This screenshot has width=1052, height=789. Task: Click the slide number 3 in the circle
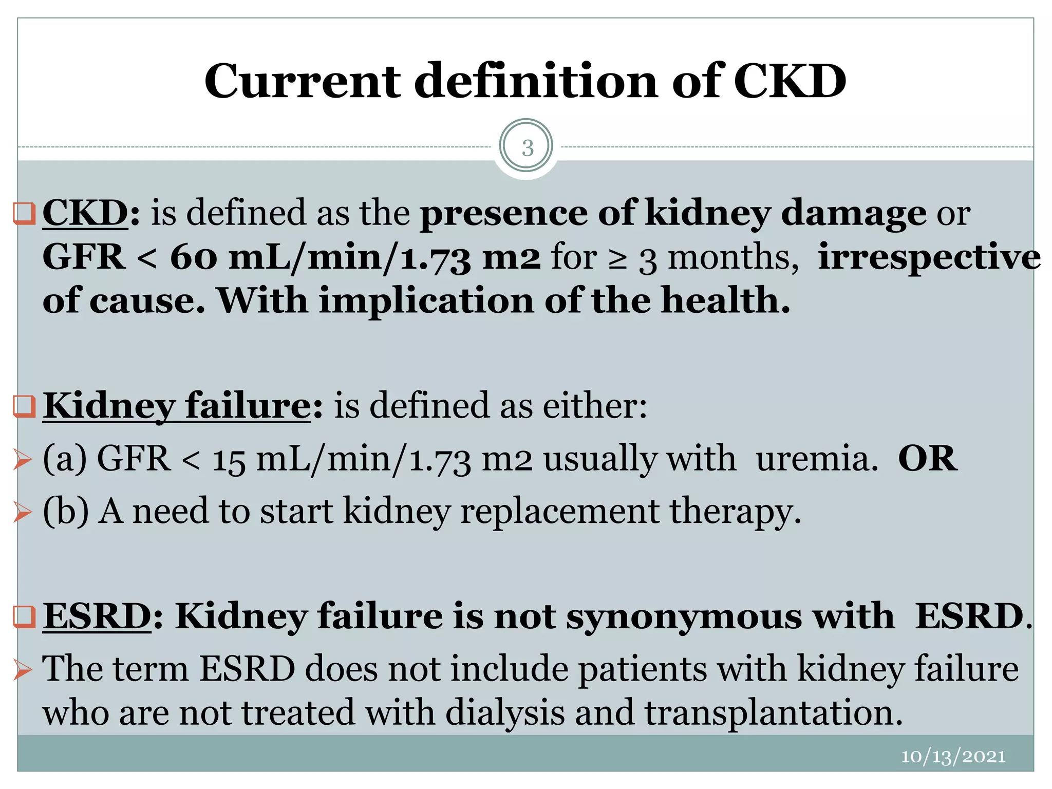point(527,148)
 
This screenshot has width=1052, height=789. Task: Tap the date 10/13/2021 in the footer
point(953,756)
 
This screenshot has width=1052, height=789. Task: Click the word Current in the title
point(303,82)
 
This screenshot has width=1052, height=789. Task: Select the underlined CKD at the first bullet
point(85,213)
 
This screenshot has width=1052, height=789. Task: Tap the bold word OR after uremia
point(928,458)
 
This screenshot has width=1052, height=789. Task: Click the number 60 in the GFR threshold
point(194,257)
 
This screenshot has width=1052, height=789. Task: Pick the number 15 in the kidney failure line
point(229,460)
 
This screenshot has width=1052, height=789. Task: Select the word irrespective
point(929,257)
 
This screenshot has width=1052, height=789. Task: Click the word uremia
point(817,458)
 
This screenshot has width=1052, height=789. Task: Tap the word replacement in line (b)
point(559,512)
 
